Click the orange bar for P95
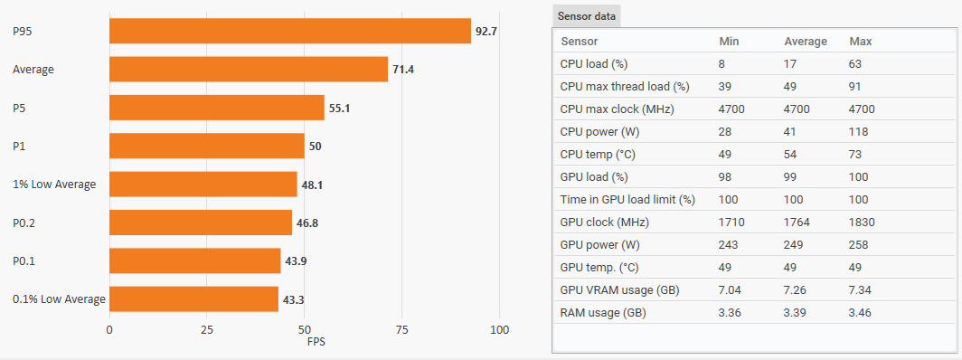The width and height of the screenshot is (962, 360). (290, 31)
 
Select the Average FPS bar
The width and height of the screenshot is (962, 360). (249, 70)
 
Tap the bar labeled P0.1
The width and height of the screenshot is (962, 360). (195, 261)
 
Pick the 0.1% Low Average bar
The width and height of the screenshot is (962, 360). (193, 299)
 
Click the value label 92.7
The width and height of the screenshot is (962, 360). (486, 31)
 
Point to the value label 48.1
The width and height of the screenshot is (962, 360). (312, 184)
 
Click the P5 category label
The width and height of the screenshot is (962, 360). (19, 108)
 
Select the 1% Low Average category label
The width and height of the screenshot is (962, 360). (54, 184)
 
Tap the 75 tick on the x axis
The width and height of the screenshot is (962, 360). (401, 330)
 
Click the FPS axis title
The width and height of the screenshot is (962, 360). (316, 342)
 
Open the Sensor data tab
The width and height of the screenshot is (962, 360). (587, 16)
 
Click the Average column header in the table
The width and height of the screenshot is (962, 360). (806, 42)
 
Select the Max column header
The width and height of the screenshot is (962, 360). (860, 42)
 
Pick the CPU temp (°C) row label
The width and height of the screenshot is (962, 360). (598, 155)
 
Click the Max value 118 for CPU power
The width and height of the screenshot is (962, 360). (858, 132)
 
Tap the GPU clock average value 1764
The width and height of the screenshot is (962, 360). (797, 222)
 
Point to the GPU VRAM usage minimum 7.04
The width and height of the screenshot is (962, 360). (731, 289)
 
